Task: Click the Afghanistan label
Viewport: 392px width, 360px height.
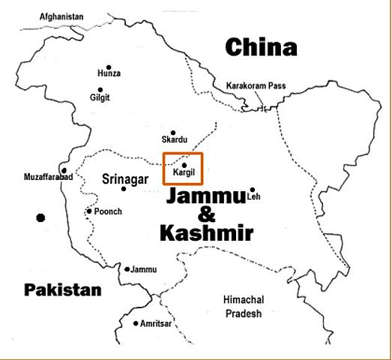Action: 61,16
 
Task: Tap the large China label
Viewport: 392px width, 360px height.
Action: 261,49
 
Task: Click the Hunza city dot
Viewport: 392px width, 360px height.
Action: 109,67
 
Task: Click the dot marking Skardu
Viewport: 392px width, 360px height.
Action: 173,132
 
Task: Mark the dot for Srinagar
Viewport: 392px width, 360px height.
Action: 124,188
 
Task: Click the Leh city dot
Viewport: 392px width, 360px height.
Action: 253,190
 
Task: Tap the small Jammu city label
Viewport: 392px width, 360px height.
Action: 143,268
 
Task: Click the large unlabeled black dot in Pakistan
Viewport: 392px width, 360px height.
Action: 40,217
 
